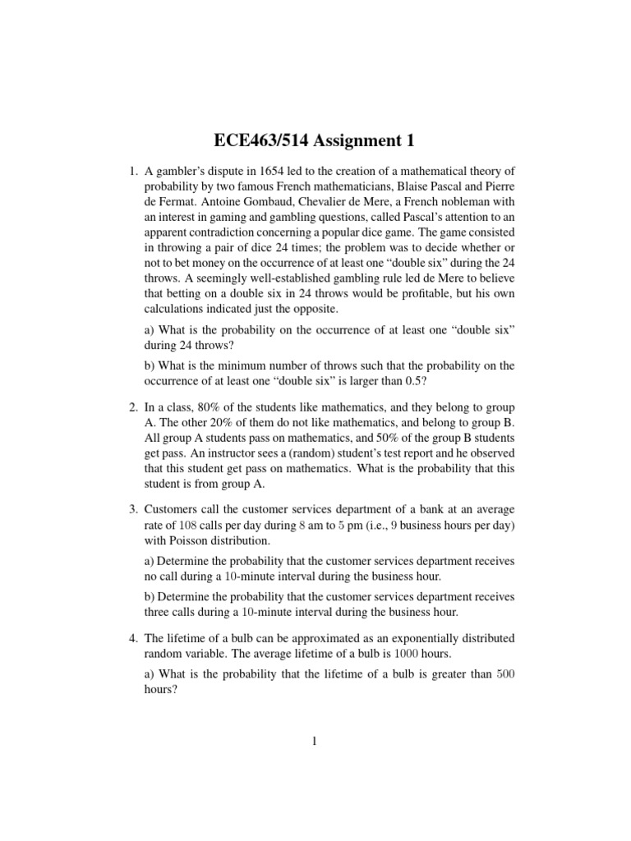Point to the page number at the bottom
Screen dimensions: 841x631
[x=315, y=740]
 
